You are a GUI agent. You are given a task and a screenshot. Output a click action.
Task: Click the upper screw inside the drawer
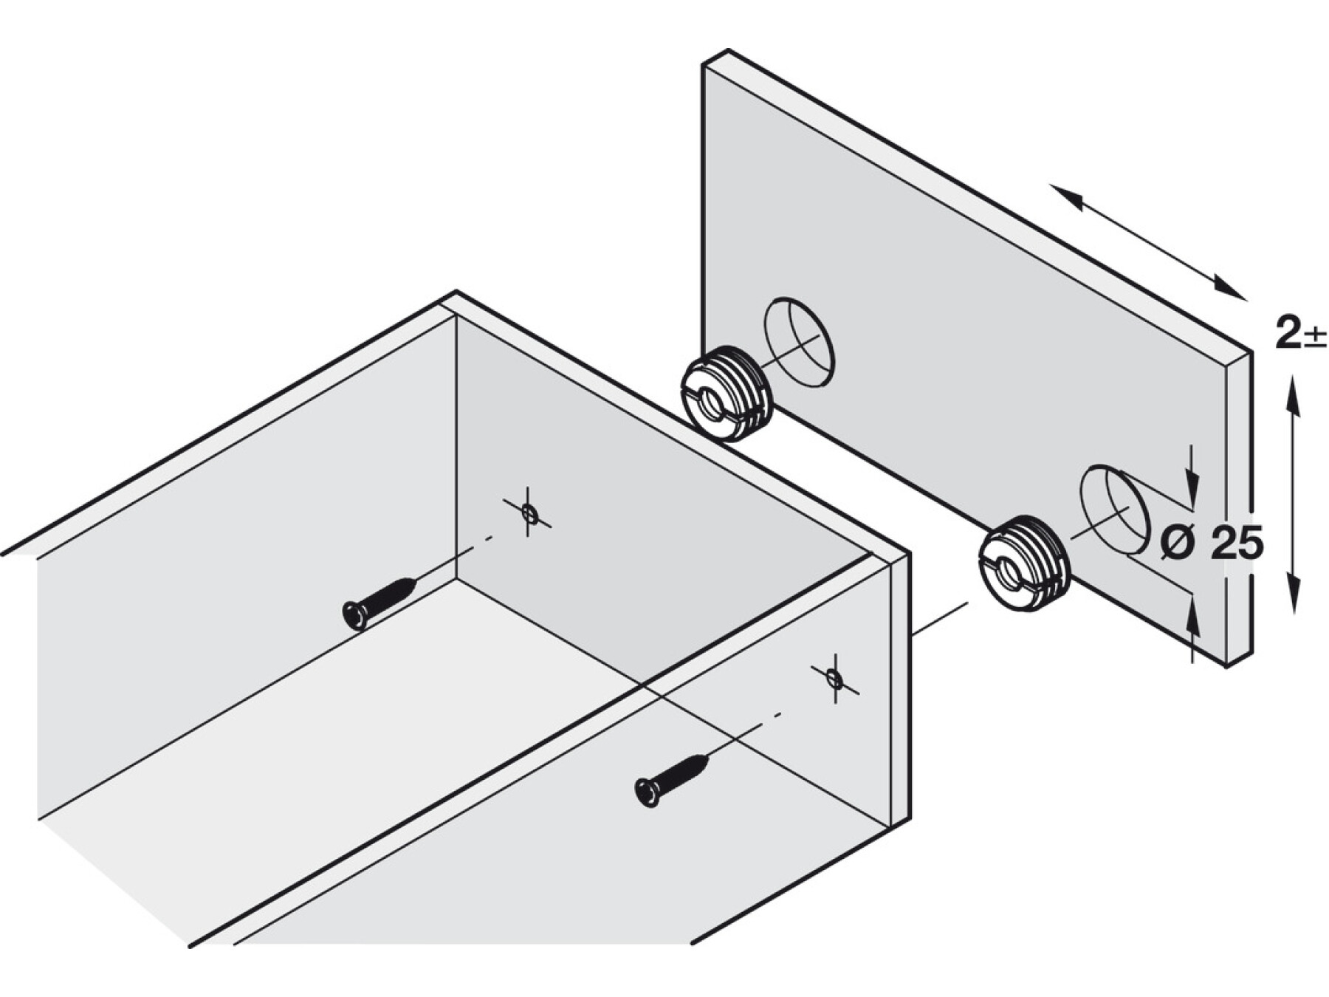[380, 603]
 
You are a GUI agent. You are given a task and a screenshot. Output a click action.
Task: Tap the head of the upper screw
[355, 615]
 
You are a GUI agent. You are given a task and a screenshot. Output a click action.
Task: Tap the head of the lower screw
[648, 792]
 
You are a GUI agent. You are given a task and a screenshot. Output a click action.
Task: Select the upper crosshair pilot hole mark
[528, 512]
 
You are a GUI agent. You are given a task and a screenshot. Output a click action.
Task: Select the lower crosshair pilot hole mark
[834, 678]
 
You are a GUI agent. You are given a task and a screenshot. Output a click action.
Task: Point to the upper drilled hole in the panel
[799, 342]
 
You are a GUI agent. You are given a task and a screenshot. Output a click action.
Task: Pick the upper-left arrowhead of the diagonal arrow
[1067, 196]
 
